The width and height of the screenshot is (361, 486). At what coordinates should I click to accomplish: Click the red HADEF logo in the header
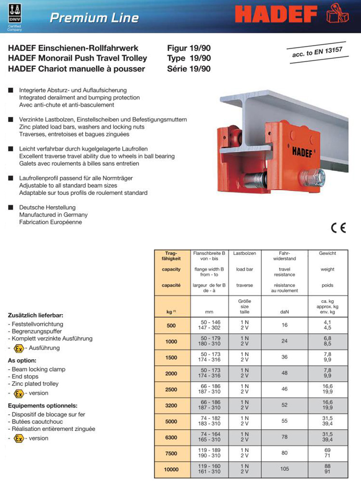[276, 15]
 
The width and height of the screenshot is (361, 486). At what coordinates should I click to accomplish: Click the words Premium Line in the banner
[94, 18]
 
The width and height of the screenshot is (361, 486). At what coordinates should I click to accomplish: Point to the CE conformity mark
[338, 228]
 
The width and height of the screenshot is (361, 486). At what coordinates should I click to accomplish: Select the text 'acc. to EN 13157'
[315, 53]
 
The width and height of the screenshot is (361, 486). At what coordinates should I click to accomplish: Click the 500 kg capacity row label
[171, 326]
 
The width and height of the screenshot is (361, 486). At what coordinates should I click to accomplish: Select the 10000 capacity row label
[171, 469]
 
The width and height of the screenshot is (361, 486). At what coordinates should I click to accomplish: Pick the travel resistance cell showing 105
[284, 469]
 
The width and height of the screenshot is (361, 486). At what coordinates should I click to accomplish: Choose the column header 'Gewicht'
[328, 253]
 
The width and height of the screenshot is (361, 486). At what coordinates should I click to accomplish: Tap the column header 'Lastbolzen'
[245, 253]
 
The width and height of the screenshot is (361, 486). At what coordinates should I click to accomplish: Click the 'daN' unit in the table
[284, 311]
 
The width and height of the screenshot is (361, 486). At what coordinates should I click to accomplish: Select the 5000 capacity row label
[171, 422]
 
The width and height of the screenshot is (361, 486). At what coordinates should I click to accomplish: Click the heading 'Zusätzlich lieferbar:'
[36, 315]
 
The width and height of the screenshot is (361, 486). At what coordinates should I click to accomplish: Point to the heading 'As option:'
[23, 360]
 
